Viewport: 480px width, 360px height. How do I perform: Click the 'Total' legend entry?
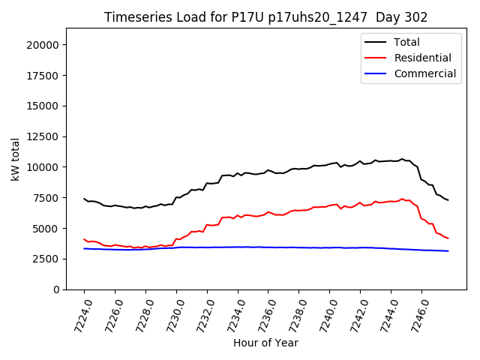click(x=406, y=42)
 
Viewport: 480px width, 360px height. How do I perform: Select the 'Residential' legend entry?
click(x=422, y=58)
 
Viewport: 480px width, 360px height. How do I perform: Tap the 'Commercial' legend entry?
click(x=424, y=73)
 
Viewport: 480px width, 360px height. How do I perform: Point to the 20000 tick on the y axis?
click(x=43, y=45)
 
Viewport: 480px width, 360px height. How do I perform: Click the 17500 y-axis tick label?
click(x=43, y=76)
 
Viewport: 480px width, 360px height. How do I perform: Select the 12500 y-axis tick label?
click(x=43, y=136)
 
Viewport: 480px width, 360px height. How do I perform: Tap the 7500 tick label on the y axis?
click(x=46, y=198)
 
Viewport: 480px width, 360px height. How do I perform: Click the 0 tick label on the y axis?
click(x=56, y=289)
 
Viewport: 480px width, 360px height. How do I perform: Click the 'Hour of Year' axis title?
click(x=265, y=343)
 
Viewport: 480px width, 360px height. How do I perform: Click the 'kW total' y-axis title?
click(x=16, y=159)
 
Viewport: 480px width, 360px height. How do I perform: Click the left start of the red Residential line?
click(x=84, y=239)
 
